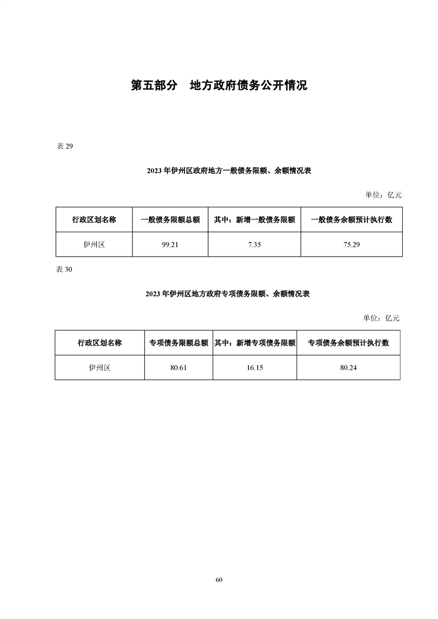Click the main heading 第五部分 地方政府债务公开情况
(219, 86)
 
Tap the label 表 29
(65, 146)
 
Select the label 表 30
(64, 270)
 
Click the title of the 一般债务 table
(229, 171)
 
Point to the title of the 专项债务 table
(228, 294)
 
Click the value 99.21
(170, 245)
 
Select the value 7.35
(254, 245)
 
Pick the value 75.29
(351, 245)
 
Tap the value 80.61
(178, 368)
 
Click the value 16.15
(255, 368)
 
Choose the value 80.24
(349, 368)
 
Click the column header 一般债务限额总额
(170, 220)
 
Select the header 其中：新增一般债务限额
(255, 220)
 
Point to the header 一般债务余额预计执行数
(351, 220)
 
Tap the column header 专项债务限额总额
(178, 343)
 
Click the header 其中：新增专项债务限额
(255, 343)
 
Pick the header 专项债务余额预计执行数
(349, 343)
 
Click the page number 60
(219, 580)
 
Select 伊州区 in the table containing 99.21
(94, 245)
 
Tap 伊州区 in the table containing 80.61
(99, 368)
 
